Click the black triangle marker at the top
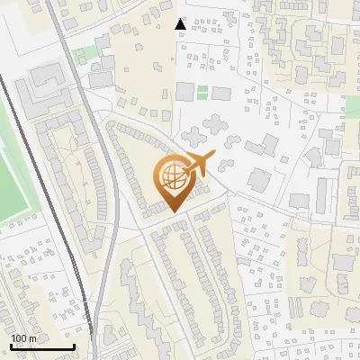coord(181,24)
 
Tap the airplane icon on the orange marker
coord(195,165)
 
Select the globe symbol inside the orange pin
coord(171,181)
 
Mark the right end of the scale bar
coord(74,346)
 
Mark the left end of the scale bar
coord(11,346)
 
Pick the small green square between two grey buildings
coord(202,92)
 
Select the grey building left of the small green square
coord(184,91)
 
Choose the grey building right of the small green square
coord(220,93)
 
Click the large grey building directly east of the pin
coord(259,179)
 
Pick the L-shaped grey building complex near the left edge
coord(36,90)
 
